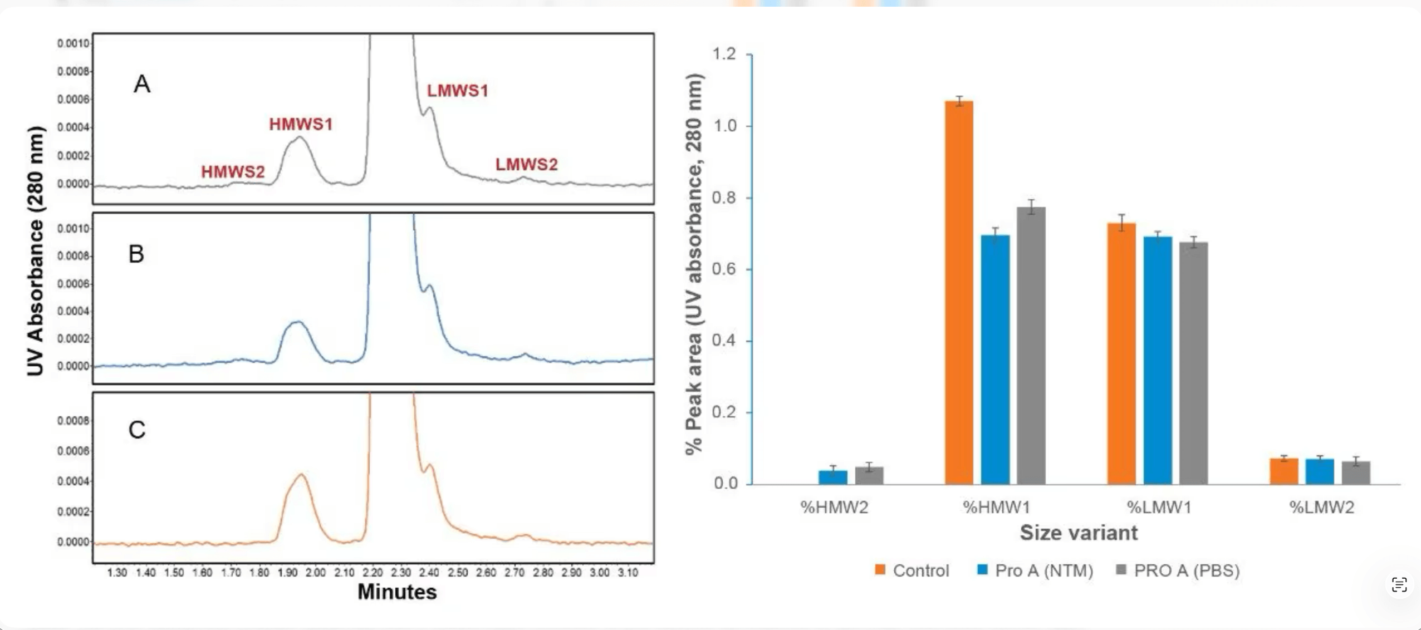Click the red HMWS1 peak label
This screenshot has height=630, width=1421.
click(301, 124)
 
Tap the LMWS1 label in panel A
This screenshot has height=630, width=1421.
click(457, 91)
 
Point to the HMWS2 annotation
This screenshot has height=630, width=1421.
click(233, 172)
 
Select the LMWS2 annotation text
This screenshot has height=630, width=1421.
click(526, 165)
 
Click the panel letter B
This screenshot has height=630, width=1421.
click(136, 254)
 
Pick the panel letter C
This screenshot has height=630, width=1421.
click(137, 430)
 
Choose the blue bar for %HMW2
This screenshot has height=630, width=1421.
click(833, 477)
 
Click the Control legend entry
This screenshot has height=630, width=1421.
click(912, 570)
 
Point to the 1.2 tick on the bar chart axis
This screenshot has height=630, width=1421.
click(724, 54)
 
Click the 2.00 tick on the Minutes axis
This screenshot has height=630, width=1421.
click(315, 573)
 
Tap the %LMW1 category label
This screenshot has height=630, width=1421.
click(1159, 507)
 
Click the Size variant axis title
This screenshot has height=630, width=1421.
click(1079, 533)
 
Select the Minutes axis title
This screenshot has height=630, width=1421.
click(397, 592)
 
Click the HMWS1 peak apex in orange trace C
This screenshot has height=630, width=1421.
click(301, 474)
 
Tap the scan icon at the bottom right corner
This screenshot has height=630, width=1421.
click(1399, 585)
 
